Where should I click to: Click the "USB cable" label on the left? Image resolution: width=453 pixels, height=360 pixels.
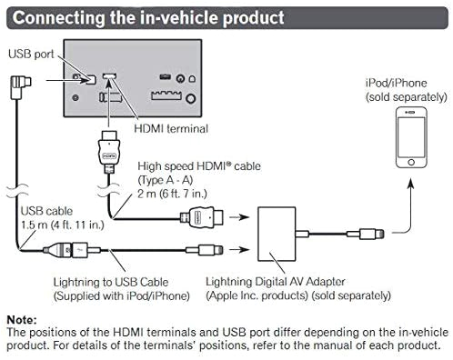42,213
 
